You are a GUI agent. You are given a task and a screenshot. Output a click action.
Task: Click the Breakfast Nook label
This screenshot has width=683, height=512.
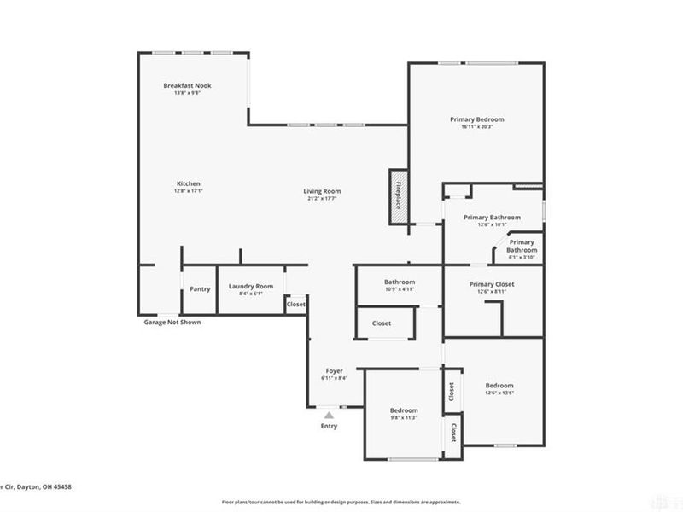point(188,85)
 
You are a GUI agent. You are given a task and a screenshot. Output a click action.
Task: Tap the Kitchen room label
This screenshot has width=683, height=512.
point(188,183)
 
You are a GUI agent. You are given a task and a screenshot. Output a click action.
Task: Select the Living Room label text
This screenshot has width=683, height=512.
point(322,191)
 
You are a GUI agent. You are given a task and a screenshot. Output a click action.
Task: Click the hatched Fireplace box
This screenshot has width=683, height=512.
point(398,196)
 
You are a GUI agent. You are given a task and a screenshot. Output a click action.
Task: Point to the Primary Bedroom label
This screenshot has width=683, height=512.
point(477,119)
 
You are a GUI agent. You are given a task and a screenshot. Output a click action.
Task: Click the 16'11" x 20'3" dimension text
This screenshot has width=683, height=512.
point(477,127)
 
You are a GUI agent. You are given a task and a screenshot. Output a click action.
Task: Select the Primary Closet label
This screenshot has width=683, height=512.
point(492,284)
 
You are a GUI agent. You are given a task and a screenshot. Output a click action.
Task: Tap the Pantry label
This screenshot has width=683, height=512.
point(200,289)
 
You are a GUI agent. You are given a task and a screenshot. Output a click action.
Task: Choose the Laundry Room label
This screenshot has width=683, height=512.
point(251,286)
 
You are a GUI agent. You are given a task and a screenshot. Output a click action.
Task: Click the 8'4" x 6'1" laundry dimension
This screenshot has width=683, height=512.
point(251,294)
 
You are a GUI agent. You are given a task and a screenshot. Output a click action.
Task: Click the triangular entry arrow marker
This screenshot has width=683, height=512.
point(329,415)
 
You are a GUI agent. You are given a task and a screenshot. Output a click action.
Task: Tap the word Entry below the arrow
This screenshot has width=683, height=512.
point(329,426)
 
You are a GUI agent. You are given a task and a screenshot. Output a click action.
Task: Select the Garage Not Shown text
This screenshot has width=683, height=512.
point(172,323)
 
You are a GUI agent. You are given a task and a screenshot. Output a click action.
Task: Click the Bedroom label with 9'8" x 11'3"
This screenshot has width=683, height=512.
point(405,410)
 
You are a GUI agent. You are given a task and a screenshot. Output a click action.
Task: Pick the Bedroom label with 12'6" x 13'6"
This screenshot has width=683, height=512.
point(499,386)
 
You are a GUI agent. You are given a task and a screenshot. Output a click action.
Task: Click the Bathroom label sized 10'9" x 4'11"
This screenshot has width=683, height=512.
point(399,282)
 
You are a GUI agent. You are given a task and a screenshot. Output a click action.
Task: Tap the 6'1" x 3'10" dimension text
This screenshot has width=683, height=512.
point(522,257)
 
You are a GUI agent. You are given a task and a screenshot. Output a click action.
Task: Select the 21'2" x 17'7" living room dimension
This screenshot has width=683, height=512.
point(322,199)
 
